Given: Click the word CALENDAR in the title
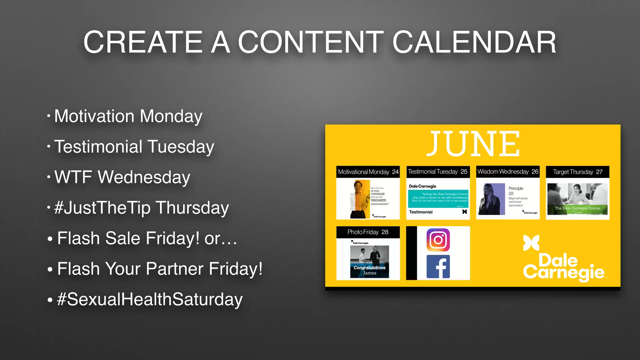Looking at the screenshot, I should (x=474, y=42).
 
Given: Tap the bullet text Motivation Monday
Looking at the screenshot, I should (x=128, y=116).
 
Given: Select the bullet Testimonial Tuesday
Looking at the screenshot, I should (x=134, y=147).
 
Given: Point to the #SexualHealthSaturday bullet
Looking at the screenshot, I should (x=150, y=299).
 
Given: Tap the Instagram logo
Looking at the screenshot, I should (x=438, y=240).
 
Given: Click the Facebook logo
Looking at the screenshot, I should (x=438, y=267).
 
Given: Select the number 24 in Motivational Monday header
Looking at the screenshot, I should (x=395, y=172).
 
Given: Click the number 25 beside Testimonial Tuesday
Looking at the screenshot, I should (x=464, y=172).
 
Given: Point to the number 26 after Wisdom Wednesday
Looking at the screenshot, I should (x=535, y=172).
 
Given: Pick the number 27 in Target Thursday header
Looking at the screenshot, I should (x=599, y=172).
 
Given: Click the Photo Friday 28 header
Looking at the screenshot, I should (x=368, y=232).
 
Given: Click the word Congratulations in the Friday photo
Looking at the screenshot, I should (x=369, y=267).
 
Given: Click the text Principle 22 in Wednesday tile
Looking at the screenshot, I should (x=515, y=191).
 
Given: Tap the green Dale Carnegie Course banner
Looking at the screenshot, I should (x=577, y=208).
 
